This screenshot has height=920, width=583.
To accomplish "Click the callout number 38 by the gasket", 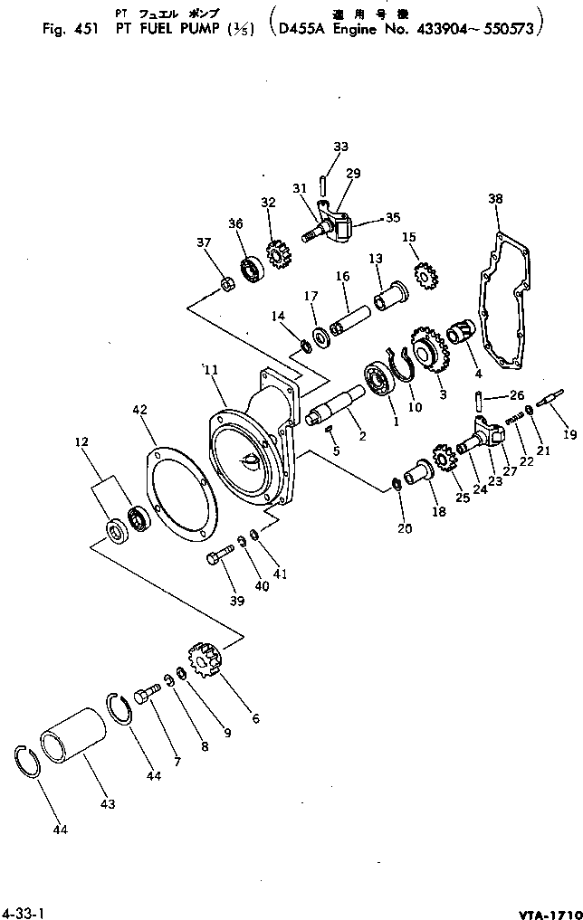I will point(494,198).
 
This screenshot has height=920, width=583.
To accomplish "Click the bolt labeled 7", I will point(148,697).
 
